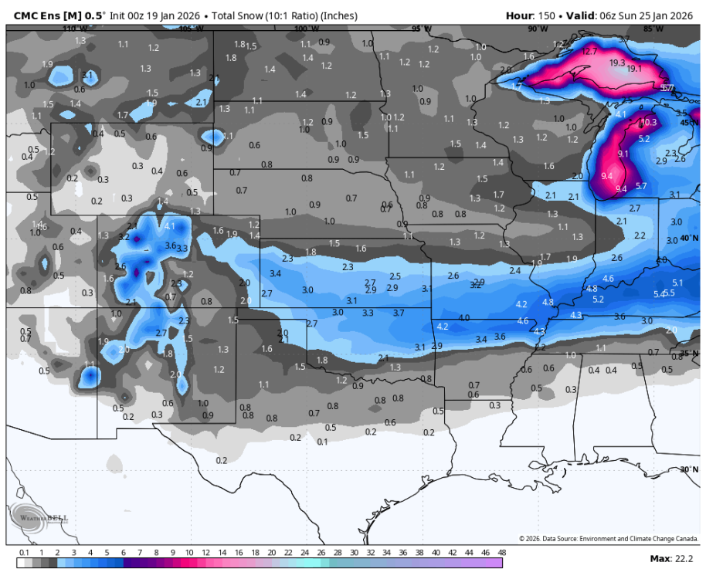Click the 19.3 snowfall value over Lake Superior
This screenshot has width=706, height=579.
pyautogui.click(x=617, y=63)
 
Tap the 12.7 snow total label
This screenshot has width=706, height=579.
pyautogui.click(x=590, y=52)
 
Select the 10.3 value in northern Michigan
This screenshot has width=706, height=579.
pyautogui.click(x=648, y=123)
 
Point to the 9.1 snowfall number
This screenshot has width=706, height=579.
pyautogui.click(x=623, y=154)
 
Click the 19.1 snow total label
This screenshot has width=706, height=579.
pyautogui.click(x=634, y=69)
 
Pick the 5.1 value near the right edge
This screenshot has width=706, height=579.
pyautogui.click(x=677, y=283)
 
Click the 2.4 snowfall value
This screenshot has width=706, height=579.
pyautogui.click(x=515, y=271)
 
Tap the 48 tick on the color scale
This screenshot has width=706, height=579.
pyautogui.click(x=501, y=553)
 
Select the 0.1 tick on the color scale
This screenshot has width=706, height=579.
pyautogui.click(x=24, y=553)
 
